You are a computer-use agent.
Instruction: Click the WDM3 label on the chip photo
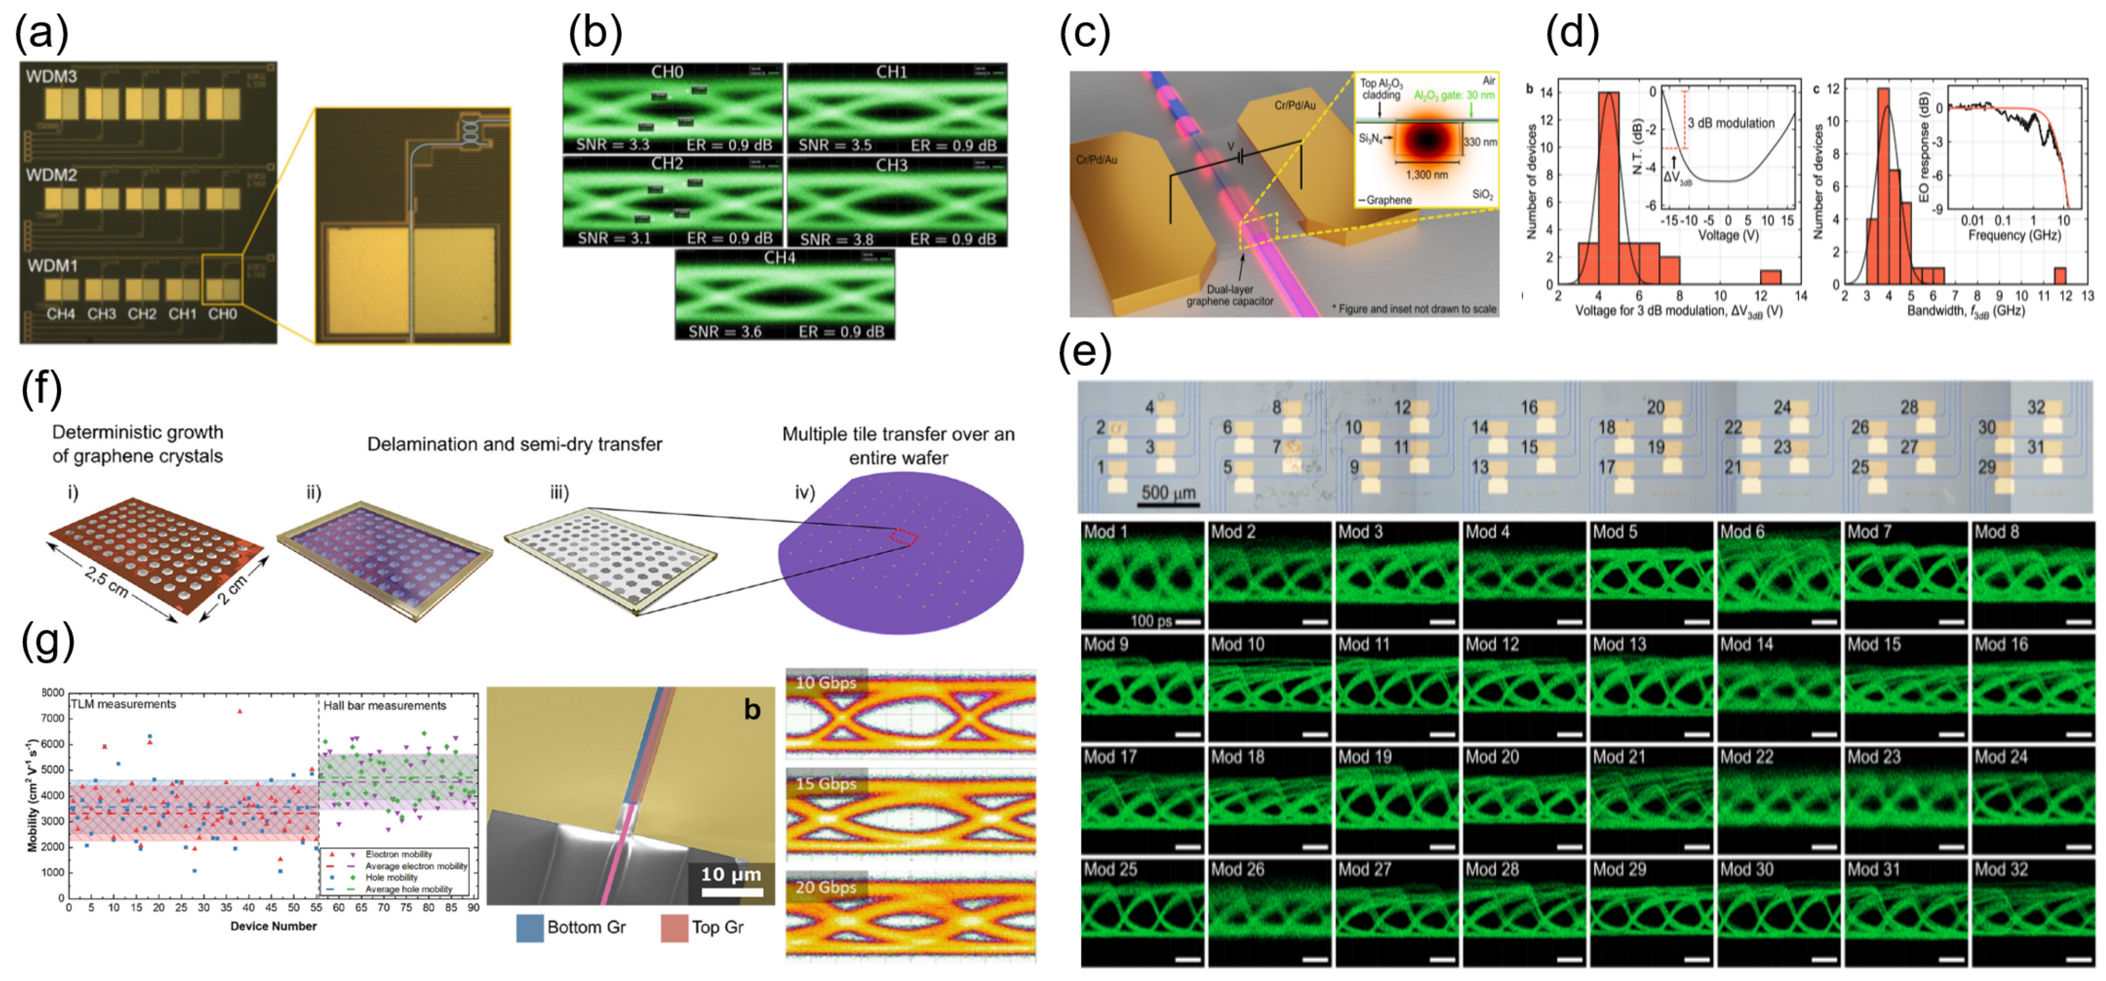point(51,77)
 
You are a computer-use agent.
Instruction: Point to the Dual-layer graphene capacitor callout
point(1230,295)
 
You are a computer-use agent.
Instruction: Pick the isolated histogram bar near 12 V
point(1771,276)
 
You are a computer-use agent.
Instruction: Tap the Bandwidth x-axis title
point(1965,311)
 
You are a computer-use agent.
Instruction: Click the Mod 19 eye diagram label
point(1365,757)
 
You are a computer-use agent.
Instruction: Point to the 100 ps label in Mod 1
point(1151,621)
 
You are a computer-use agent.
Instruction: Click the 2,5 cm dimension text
point(106,582)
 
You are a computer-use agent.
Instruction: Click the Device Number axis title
point(273,926)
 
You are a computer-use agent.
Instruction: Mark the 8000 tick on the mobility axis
point(53,692)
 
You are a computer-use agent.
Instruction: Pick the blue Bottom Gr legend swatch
point(530,928)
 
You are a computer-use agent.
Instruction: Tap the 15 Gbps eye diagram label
point(826,783)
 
